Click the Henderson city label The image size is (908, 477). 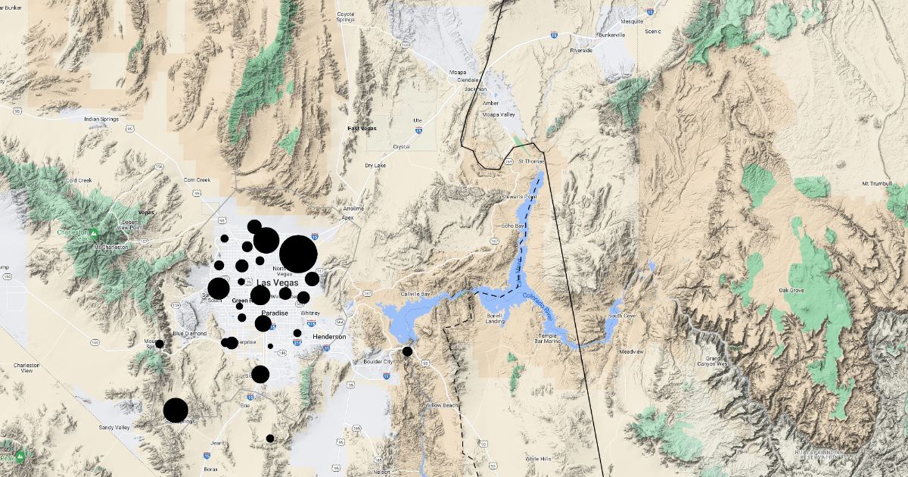click(328, 336)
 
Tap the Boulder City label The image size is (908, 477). click(378, 362)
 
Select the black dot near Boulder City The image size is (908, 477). click(407, 351)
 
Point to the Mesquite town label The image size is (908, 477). click(633, 22)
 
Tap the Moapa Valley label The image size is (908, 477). click(499, 115)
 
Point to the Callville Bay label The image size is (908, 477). click(415, 294)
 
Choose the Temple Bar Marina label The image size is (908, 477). click(547, 338)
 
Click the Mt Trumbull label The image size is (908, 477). click(878, 184)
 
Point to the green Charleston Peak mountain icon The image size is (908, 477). click(92, 232)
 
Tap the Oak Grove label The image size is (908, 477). click(791, 290)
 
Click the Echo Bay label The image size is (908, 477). click(513, 226)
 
